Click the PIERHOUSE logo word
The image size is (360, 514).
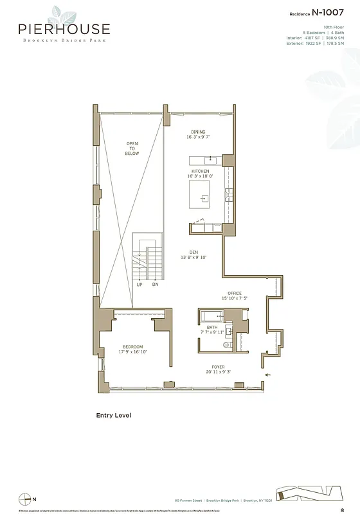(64, 29)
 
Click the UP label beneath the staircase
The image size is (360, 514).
(139, 284)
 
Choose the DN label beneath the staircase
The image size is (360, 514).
(155, 284)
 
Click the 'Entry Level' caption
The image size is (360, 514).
(113, 415)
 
